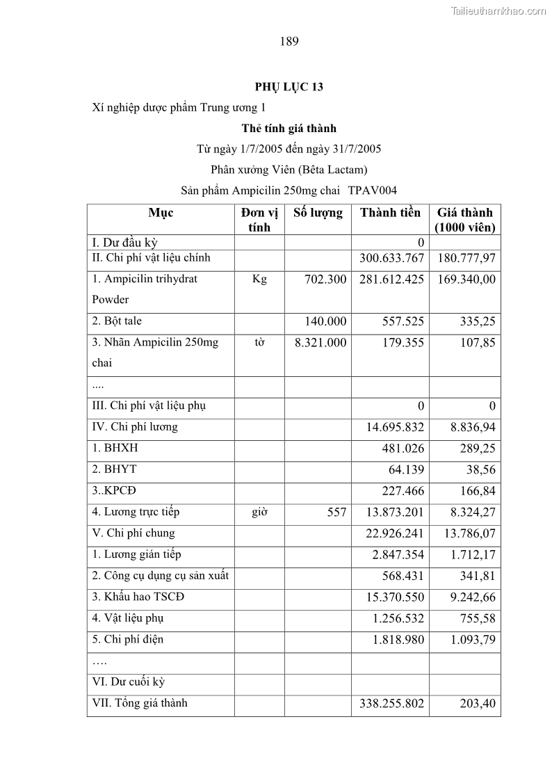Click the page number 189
coord(289,42)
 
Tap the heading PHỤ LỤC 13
coord(289,87)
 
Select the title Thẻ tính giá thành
coord(289,128)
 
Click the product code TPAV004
coord(373,190)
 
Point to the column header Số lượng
coord(318,213)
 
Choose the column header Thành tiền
coord(390,213)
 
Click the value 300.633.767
coord(391,258)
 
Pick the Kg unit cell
coord(259,279)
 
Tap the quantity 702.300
coord(325,279)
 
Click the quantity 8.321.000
coord(320,342)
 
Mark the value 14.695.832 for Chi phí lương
coord(395,427)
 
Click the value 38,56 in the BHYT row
coord(480,469)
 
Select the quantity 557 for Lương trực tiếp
coord(336,512)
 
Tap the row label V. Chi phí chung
coord(133,533)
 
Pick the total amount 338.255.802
coord(391,704)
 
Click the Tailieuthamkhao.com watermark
coord(498,10)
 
